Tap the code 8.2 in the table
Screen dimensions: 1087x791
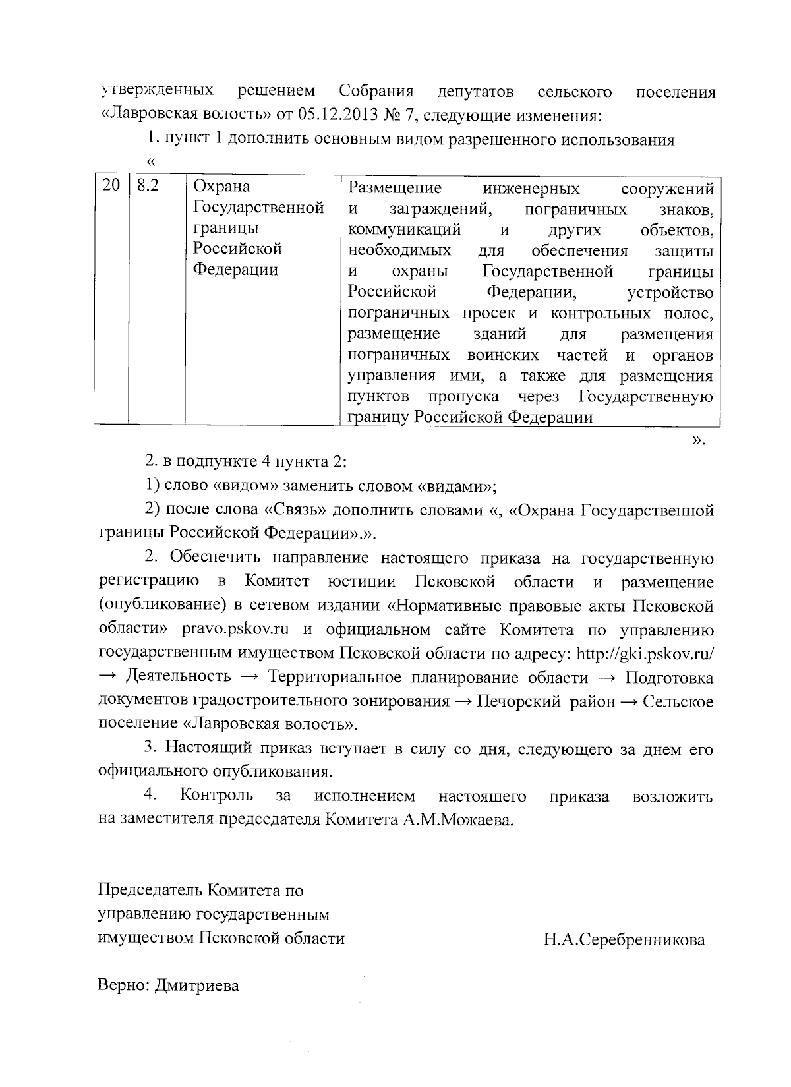tap(148, 186)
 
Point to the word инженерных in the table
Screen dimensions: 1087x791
tap(531, 189)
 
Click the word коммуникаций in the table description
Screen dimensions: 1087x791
tap(404, 231)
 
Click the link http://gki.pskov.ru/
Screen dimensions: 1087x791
tap(645, 653)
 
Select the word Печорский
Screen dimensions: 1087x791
tap(517, 701)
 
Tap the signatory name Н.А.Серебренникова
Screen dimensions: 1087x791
tap(624, 939)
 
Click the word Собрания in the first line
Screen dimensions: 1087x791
tap(376, 91)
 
